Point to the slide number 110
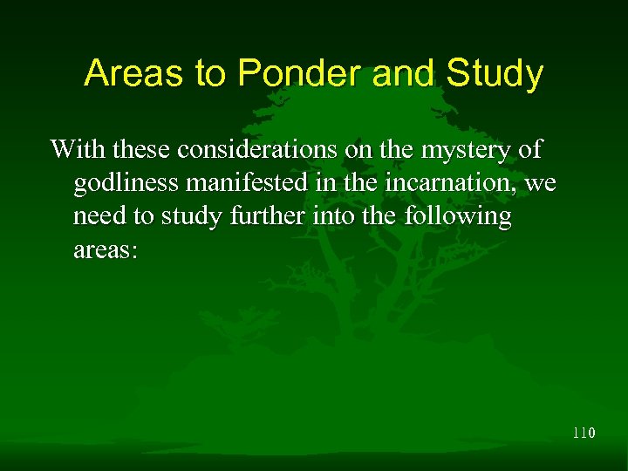(584, 432)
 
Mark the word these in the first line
(138, 149)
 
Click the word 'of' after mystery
(529, 149)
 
